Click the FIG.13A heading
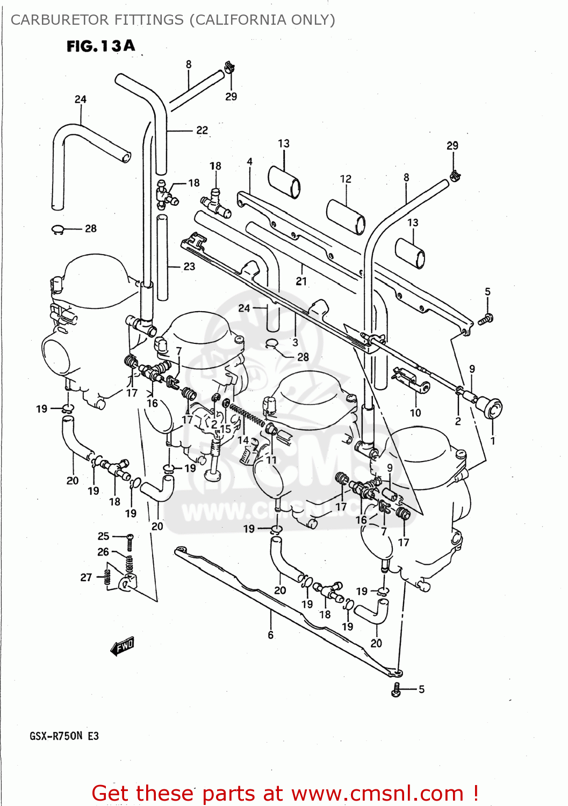point(100,46)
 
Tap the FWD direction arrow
point(123,646)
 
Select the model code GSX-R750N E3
point(64,736)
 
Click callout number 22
point(202,130)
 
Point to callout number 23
point(189,267)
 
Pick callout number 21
point(301,281)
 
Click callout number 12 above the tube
point(346,179)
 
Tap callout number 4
point(249,162)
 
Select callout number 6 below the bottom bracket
point(270,635)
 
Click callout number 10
point(415,413)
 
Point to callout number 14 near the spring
point(243,440)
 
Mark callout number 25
point(103,536)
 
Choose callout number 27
point(86,577)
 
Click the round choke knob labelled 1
point(492,408)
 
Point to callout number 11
point(271,460)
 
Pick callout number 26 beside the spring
point(103,552)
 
